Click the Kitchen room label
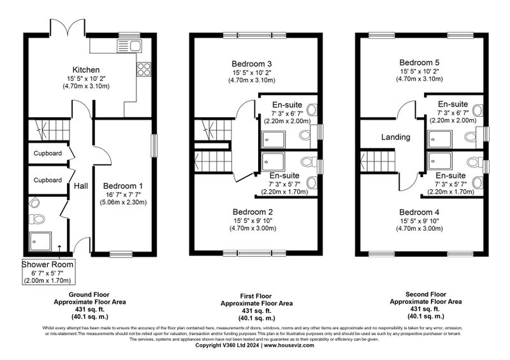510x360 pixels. point(86,70)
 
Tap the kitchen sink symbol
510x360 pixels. point(129,46)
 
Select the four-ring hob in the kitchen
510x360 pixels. point(144,69)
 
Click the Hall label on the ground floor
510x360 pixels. point(81,186)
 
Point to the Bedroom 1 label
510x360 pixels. point(123,186)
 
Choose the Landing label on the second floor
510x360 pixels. point(395,137)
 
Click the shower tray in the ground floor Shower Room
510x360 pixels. point(40,241)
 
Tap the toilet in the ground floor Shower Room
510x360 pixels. point(37,219)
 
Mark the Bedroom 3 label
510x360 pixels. point(252,64)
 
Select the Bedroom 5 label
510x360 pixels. point(419,62)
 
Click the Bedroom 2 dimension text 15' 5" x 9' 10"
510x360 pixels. point(252,221)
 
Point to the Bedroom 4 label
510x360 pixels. point(419,212)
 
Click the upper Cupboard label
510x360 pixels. point(48,153)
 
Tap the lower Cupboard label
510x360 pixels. point(48,180)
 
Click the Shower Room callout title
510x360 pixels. point(47,264)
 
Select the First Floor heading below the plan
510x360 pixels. point(256,296)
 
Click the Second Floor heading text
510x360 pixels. point(426,294)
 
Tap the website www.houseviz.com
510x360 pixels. point(289,345)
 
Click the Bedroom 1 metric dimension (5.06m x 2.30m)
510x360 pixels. point(123,202)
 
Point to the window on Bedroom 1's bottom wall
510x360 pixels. point(121,254)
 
